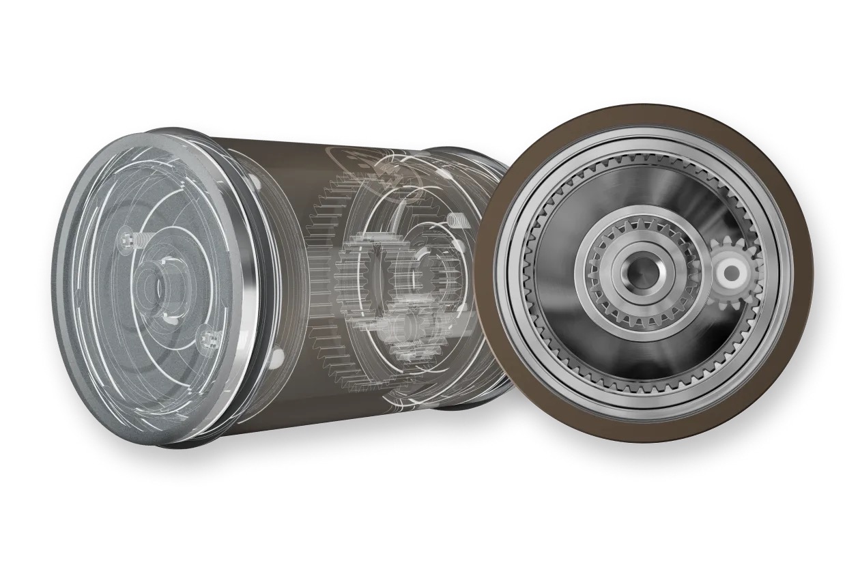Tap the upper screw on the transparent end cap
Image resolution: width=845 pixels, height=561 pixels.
(130, 239)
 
